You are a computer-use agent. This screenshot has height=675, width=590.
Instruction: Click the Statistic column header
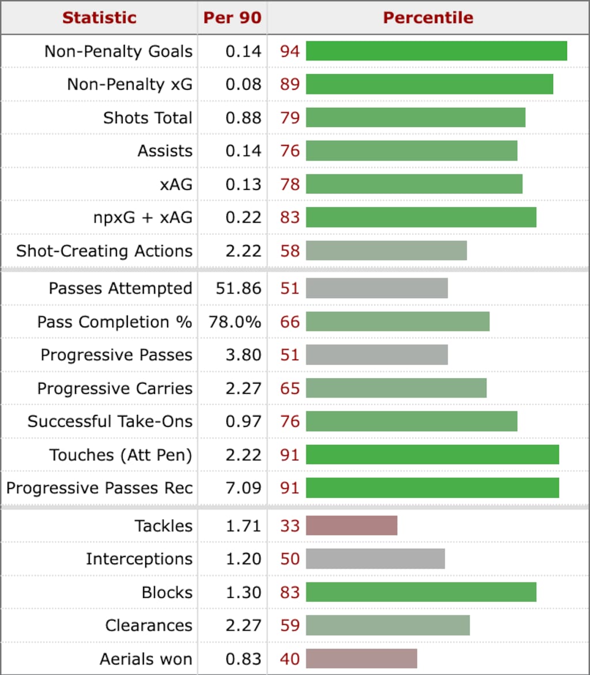click(99, 17)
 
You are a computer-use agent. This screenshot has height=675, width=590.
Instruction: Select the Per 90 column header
click(232, 17)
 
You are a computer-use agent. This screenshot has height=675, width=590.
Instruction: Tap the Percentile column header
click(428, 17)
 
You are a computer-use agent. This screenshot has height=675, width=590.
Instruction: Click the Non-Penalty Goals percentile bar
click(436, 51)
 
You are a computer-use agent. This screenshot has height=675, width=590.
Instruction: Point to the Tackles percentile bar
click(351, 525)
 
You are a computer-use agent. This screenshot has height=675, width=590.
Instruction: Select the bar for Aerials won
click(361, 659)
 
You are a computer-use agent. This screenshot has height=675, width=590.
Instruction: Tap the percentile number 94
click(290, 51)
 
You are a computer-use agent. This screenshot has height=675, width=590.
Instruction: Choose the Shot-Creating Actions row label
click(104, 251)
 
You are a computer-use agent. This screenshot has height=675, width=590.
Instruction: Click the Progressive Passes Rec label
click(99, 488)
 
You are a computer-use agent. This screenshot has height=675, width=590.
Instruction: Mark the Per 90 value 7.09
click(244, 488)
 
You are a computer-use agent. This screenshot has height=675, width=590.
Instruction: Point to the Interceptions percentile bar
click(375, 559)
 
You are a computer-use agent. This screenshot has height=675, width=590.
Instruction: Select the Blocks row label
click(167, 592)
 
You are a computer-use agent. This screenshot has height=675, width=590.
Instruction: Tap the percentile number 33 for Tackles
click(290, 525)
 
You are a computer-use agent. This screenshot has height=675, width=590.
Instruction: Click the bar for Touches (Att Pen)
click(432, 455)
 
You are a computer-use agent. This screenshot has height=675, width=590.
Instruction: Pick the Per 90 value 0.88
click(244, 117)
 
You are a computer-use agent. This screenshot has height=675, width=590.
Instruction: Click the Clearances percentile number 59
click(290, 626)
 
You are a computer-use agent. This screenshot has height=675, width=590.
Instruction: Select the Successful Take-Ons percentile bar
click(411, 421)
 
